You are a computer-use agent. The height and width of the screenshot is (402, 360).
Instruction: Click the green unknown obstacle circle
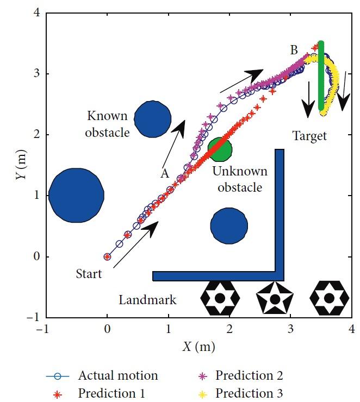(220, 149)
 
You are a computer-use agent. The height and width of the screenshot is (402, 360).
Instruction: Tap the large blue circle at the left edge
(77, 195)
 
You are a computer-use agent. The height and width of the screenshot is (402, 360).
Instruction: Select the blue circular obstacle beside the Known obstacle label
(153, 118)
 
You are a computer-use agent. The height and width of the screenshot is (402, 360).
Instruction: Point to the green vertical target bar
(321, 76)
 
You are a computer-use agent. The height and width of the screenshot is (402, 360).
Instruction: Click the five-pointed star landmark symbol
(275, 299)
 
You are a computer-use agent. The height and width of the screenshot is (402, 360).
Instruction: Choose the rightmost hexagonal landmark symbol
(329, 298)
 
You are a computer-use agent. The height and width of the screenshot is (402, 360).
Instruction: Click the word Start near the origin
(89, 274)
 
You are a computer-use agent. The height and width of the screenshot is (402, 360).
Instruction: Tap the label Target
(310, 136)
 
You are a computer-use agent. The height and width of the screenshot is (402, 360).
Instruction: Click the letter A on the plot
(164, 173)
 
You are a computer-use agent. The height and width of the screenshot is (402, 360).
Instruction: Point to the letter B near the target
(294, 51)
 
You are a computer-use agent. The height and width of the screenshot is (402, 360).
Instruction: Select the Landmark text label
(148, 300)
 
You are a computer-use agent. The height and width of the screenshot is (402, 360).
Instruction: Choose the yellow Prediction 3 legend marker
(203, 393)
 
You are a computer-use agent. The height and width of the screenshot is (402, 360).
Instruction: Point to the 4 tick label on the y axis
(36, 13)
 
